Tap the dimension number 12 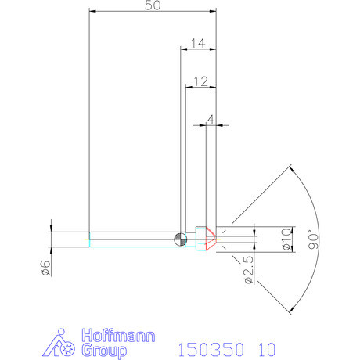coord(200,81)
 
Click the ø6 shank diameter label coord(45,268)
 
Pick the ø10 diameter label coord(286,238)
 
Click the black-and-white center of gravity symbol coord(181,239)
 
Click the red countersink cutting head coord(205,238)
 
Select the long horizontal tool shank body coord(133,239)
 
